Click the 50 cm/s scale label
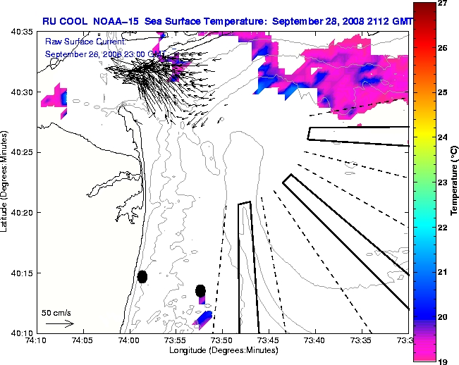pyautogui.click(x=56, y=312)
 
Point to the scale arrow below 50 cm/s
pyautogui.click(x=59, y=323)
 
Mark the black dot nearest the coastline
pyautogui.click(x=142, y=276)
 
